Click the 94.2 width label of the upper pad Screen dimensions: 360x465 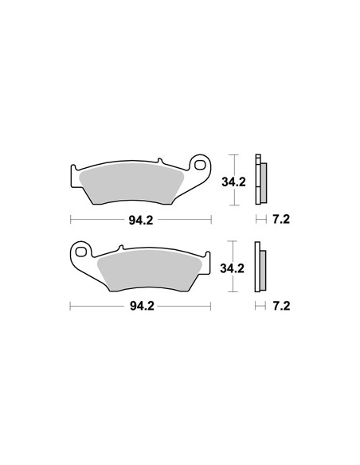coord(141,220)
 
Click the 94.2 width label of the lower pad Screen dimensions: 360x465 coord(142,306)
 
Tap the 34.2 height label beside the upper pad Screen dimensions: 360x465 coord(233,182)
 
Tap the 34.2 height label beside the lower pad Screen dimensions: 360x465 coord(233,268)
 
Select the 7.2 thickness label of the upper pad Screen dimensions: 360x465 coord(281,220)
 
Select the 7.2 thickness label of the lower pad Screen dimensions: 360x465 coord(281,306)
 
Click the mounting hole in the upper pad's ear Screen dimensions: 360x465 coord(201,165)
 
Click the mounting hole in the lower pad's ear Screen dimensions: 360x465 coord(80,252)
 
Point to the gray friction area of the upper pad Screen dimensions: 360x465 coord(131,182)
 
